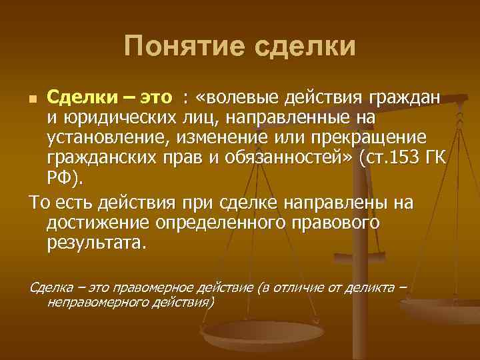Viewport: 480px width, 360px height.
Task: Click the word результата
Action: point(95,242)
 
